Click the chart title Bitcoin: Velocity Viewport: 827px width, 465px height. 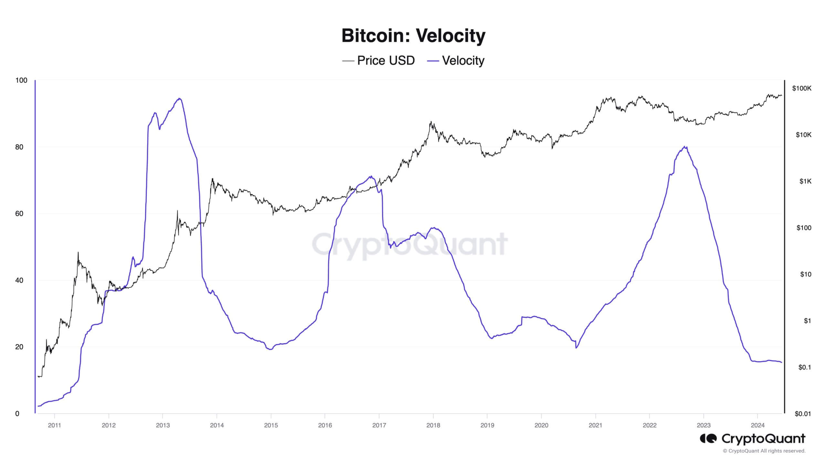point(413,36)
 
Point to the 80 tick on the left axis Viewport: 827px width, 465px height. point(19,147)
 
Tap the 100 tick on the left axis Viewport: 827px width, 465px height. point(21,80)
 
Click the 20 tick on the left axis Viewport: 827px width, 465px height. point(19,347)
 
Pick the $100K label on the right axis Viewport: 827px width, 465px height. point(801,88)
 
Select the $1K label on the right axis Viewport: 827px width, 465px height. point(805,181)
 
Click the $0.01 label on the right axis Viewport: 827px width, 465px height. point(802,414)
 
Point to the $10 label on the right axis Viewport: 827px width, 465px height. point(805,274)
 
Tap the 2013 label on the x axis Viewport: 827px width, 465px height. point(162,425)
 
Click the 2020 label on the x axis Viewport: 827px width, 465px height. point(541,425)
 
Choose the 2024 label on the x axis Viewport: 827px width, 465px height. point(758,425)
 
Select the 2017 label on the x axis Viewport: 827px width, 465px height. point(379,425)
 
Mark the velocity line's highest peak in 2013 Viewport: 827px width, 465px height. point(179,98)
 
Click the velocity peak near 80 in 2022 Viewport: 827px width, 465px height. point(685,147)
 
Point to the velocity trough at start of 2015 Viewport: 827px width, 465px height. point(270,349)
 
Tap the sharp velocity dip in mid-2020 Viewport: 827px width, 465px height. point(576,348)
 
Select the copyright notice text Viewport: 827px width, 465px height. point(764,451)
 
